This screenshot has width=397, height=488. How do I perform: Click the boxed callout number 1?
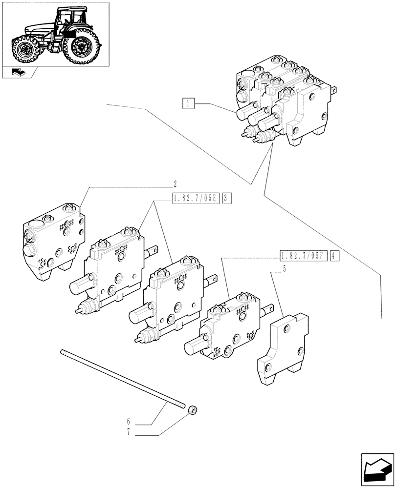pos(188,103)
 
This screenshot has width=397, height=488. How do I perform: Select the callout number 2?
pos(175,184)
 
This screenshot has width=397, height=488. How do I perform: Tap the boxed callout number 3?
pos(227,198)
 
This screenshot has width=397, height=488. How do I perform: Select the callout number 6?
pos(129,420)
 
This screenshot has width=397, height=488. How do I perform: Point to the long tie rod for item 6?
pos(122,378)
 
